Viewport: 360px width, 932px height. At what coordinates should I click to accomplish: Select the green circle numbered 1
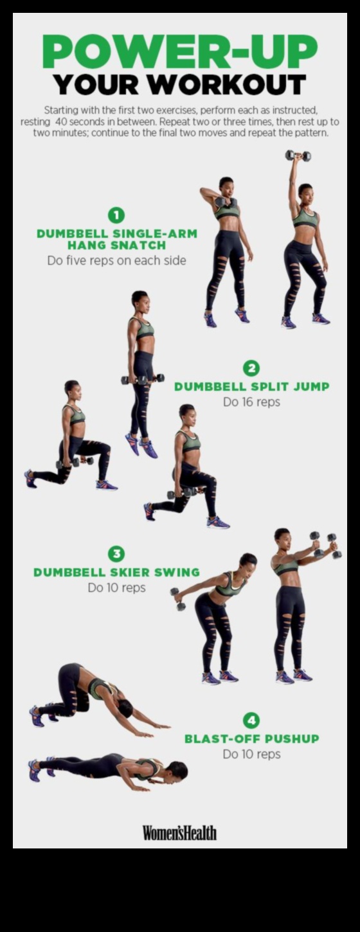116,215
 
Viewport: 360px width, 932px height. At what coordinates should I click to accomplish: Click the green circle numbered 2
251,368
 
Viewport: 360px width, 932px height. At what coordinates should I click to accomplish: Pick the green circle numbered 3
116,553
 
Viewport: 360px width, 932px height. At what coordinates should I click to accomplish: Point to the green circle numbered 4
251,720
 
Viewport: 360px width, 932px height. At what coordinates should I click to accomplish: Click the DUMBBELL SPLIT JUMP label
251,387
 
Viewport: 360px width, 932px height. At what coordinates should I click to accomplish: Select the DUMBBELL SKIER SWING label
116,572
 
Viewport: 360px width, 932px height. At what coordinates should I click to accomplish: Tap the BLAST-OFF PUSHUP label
251,739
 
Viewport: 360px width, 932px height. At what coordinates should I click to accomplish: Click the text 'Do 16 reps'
251,402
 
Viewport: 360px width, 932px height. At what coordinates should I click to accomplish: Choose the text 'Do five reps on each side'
116,261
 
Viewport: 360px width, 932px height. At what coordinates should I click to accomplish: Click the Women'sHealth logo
179,832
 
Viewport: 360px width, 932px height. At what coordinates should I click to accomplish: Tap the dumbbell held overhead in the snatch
298,156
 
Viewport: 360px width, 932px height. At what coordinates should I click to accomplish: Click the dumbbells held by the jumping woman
143,379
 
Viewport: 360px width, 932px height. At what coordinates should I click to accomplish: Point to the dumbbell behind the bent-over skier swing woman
178,597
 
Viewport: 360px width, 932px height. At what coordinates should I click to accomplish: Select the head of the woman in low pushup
176,769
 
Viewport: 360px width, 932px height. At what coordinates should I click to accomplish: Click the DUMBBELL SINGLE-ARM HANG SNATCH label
116,239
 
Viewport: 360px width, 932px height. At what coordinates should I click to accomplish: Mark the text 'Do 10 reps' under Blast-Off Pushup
251,754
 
